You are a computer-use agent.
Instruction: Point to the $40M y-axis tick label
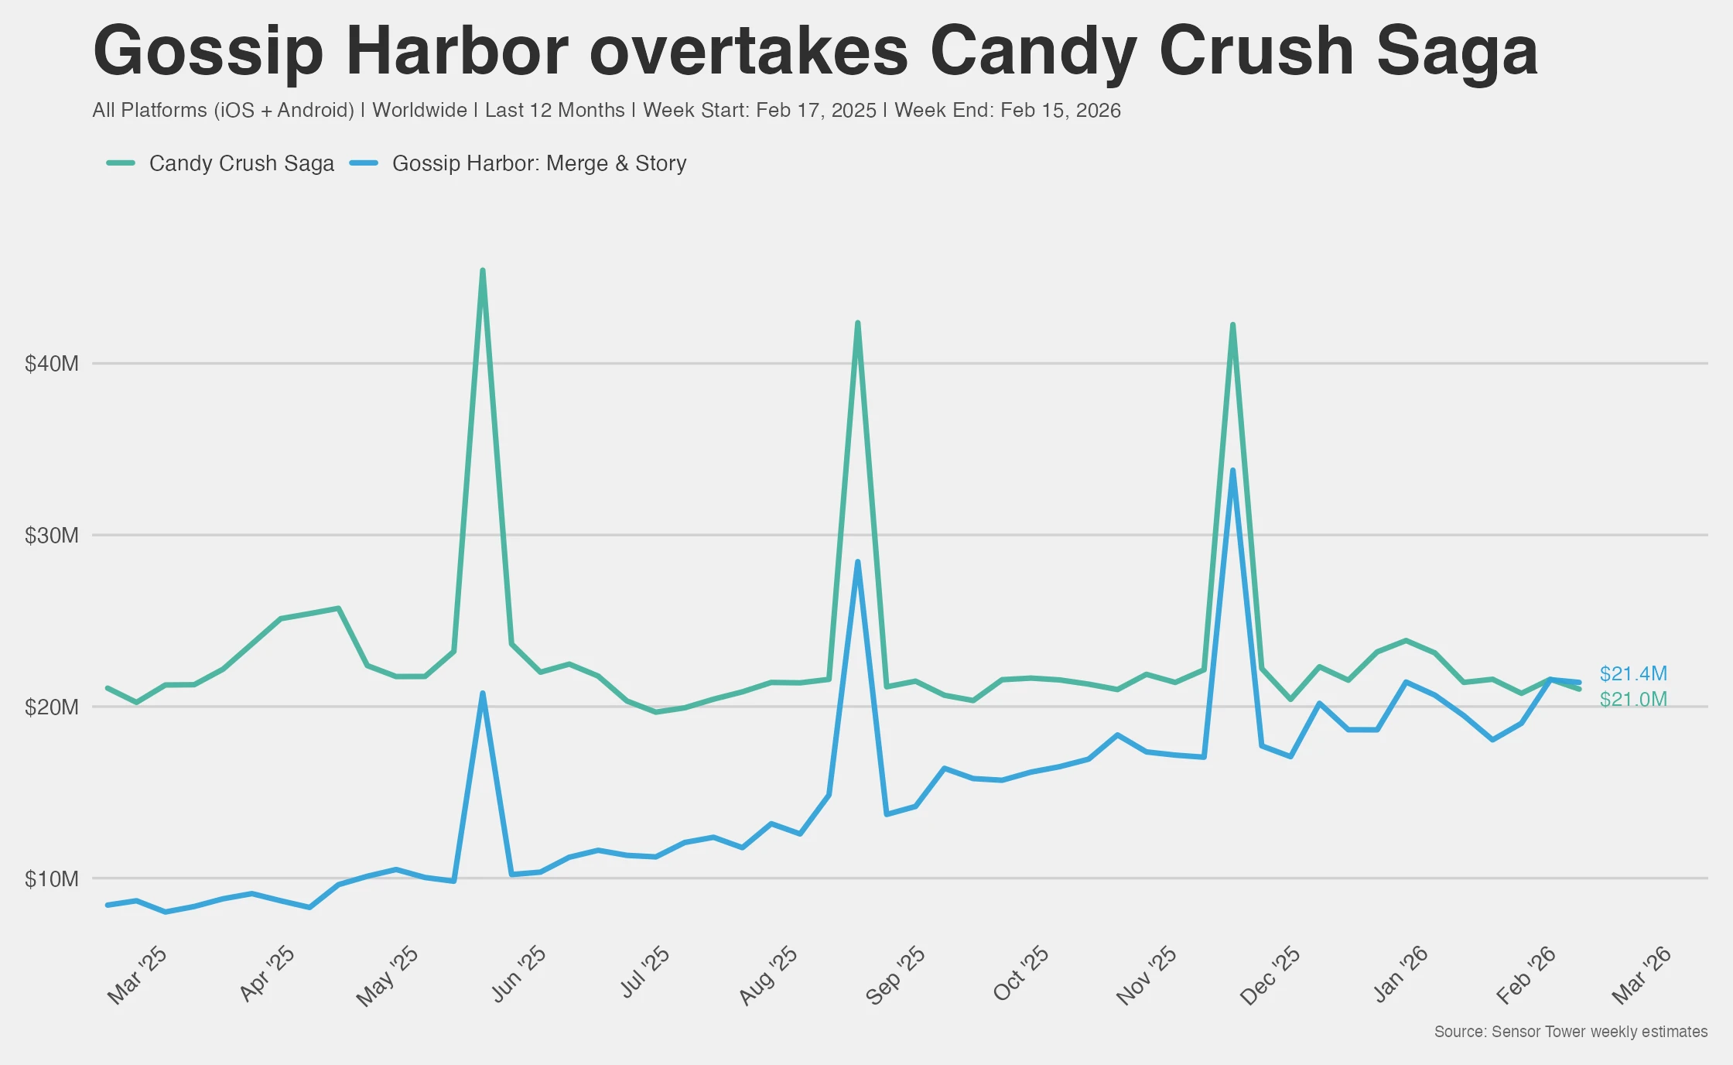(x=52, y=364)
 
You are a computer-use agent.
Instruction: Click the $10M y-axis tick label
(x=52, y=879)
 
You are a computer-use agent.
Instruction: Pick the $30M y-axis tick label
(x=52, y=536)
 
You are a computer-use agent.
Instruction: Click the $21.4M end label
(x=1632, y=673)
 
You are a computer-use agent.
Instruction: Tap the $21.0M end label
(x=1632, y=700)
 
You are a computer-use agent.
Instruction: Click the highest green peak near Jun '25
(x=483, y=271)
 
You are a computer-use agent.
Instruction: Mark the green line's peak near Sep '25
(x=857, y=324)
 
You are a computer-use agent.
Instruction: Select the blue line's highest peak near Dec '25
(x=1232, y=471)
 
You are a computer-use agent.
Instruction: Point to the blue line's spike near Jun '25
(x=483, y=693)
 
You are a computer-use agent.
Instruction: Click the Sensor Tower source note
(x=1571, y=1032)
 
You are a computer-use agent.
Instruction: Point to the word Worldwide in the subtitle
(x=419, y=110)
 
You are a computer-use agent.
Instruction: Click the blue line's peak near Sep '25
(x=857, y=563)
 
